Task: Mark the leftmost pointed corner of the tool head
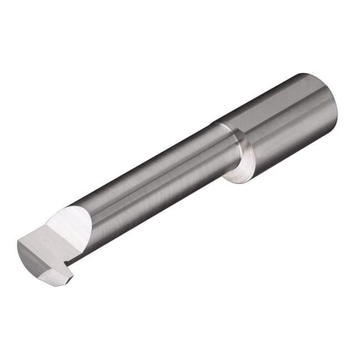(17, 245)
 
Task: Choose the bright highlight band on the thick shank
(294, 116)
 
